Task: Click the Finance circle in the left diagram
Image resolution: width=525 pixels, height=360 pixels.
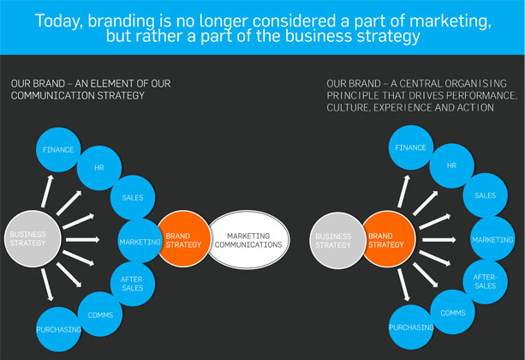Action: [58, 149]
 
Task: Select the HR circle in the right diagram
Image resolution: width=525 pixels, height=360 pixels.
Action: [451, 165]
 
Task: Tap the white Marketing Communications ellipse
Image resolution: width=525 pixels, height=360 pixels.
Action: [248, 240]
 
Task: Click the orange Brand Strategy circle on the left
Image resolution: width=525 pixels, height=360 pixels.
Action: [184, 239]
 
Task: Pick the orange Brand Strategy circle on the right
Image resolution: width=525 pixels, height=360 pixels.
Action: [388, 239]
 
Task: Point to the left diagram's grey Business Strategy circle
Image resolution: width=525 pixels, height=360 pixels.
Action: [33, 238]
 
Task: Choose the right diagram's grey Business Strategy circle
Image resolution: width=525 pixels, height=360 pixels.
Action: [337, 240]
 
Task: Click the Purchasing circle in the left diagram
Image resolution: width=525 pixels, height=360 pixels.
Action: [58, 329]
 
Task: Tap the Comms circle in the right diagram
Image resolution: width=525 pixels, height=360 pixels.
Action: [453, 312]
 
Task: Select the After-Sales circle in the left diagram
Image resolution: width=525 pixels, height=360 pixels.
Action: [133, 284]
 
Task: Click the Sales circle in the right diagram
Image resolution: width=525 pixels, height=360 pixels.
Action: [485, 195]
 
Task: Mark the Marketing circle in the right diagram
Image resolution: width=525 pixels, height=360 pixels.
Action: [492, 238]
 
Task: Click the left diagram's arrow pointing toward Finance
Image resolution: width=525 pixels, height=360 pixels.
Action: [47, 191]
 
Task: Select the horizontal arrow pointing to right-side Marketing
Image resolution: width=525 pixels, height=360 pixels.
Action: [439, 240]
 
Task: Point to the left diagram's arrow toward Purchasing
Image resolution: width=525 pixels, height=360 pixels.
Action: [47, 285]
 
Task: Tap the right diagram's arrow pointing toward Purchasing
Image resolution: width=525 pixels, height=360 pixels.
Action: [403, 285]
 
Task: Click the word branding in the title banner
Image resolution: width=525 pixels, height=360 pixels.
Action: [121, 21]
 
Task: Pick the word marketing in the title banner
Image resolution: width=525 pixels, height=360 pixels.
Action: [450, 21]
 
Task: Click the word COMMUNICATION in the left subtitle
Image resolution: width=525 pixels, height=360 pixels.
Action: [53, 95]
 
